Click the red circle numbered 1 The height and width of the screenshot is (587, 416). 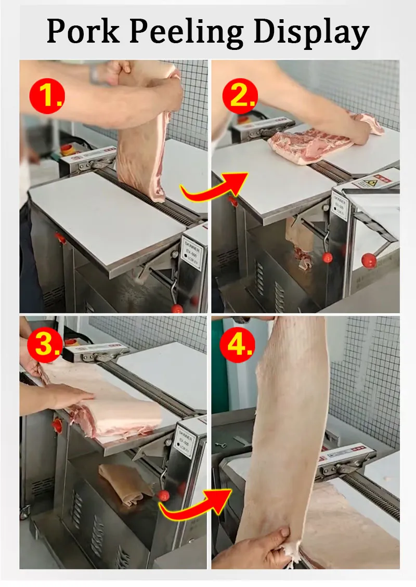point(47,96)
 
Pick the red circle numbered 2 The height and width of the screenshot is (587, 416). point(240,96)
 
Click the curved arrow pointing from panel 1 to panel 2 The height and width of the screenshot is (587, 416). point(213,185)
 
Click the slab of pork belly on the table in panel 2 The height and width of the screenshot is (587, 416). point(312,143)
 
